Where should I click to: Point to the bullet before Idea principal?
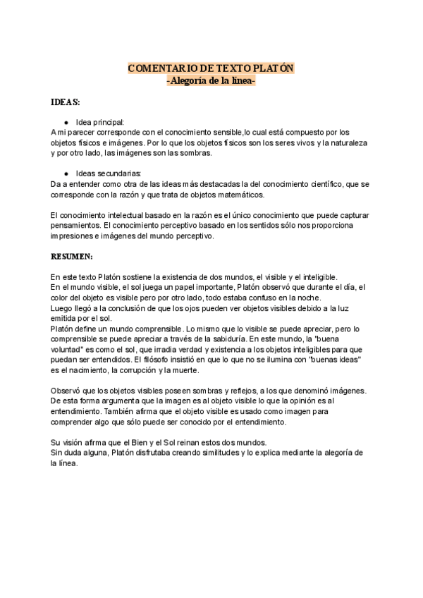click(66, 122)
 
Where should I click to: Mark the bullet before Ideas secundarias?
click(66, 173)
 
